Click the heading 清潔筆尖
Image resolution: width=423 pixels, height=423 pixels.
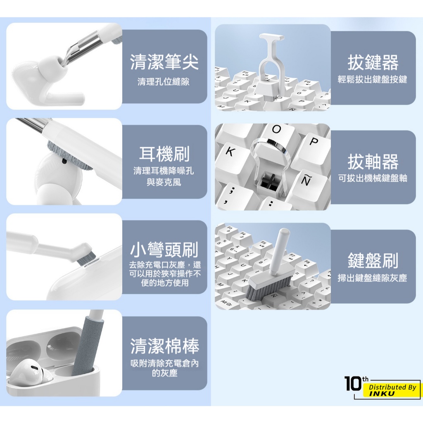164,62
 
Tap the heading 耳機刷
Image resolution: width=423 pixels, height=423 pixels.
164,154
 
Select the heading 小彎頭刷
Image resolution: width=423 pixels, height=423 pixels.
164,250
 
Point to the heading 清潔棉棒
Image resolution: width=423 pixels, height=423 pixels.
164,346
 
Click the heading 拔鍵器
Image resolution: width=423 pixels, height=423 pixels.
373,62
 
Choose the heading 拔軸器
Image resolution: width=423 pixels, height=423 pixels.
373,162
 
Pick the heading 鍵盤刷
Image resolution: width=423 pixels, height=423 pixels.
373,261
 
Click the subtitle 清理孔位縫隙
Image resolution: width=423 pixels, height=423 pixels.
164,81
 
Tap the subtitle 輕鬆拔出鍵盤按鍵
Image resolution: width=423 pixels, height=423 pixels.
373,80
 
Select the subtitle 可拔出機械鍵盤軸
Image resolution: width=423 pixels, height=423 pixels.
373,178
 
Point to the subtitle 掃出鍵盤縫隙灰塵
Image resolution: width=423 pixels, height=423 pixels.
373,278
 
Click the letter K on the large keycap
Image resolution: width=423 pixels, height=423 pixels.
230,152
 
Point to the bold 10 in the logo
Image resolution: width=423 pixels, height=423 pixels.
353,383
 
